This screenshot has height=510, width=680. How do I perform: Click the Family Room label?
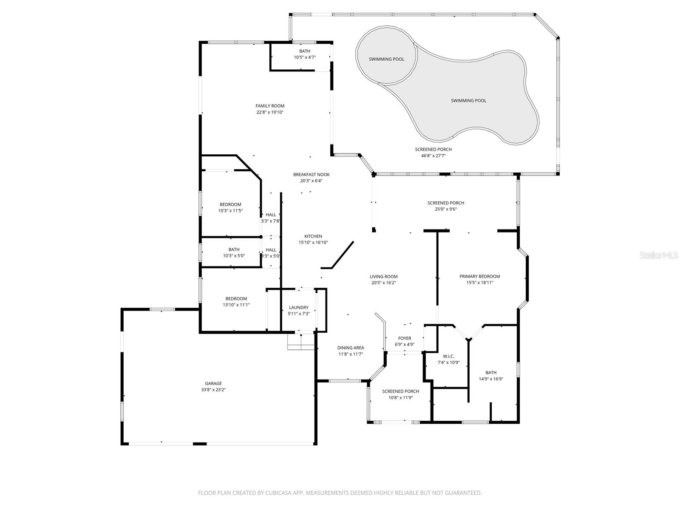(270, 106)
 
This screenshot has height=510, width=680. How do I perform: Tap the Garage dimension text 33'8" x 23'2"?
(213, 390)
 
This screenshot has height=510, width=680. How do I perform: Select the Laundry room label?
(299, 307)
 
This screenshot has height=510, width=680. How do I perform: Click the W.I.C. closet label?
(448, 356)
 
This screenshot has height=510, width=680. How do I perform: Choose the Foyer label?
(405, 338)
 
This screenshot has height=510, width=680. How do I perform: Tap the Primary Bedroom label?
(479, 276)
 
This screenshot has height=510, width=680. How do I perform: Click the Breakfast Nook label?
(311, 175)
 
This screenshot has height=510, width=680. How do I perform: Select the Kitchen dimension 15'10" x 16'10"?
(313, 243)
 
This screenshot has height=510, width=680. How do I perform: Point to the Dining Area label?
(351, 348)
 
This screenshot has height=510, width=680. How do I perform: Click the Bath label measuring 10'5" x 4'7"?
(305, 51)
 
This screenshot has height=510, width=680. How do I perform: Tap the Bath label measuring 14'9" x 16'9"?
(491, 373)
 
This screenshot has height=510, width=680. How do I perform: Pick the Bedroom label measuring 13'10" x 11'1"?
(236, 299)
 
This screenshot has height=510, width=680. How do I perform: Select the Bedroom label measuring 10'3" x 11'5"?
(230, 204)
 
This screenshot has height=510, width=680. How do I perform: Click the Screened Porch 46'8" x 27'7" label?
(433, 150)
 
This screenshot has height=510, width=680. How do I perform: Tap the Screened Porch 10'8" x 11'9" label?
(400, 391)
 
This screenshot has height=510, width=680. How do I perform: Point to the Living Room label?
(383, 277)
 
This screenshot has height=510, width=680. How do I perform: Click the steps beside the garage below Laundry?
(301, 342)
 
